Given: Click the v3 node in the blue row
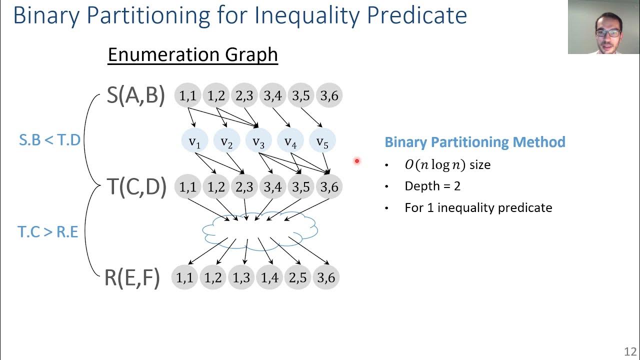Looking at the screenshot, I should coord(258,142).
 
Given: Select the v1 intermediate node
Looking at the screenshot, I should coord(194,142).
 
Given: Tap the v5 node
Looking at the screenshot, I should coord(322,142).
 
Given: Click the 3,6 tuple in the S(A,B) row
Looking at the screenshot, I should coord(329,95).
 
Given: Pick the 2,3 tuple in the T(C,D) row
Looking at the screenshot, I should coord(244,186).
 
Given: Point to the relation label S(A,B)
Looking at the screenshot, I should coord(135,95).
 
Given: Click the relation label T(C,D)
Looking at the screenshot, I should coord(136,186).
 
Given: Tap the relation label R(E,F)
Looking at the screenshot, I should coord(132,277).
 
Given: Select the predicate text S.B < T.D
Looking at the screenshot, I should coord(49,140).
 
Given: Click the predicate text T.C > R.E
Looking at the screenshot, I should coord(48,232).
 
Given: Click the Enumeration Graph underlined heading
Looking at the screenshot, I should coord(192,54).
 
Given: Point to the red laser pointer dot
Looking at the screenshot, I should coord(357,160).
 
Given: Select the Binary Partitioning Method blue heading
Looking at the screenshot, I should coord(474,142).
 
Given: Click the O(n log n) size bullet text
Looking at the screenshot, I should coord(447,164).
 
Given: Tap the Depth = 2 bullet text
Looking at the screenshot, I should coord(432,186).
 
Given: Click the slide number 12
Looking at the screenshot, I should coord(629,351).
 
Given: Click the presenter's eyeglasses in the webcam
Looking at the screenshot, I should coord(608,33).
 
